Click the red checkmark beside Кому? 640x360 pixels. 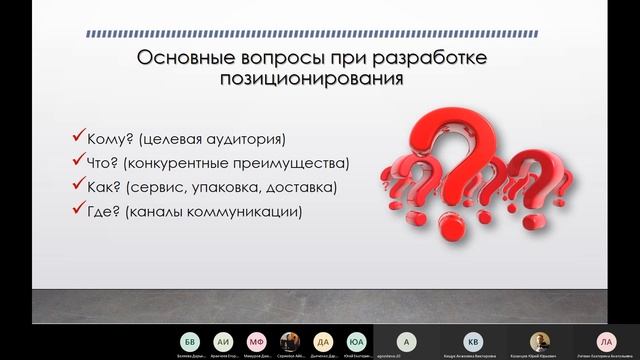[78, 137]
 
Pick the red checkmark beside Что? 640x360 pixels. [78, 161]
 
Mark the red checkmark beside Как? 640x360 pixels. [78, 185]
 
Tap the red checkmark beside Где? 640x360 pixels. [78, 209]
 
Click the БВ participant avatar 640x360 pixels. [190, 341]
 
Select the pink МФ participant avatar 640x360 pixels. [257, 341]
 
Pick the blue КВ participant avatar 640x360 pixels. [473, 341]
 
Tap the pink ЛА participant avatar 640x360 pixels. [604, 341]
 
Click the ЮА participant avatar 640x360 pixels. [356, 341]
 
